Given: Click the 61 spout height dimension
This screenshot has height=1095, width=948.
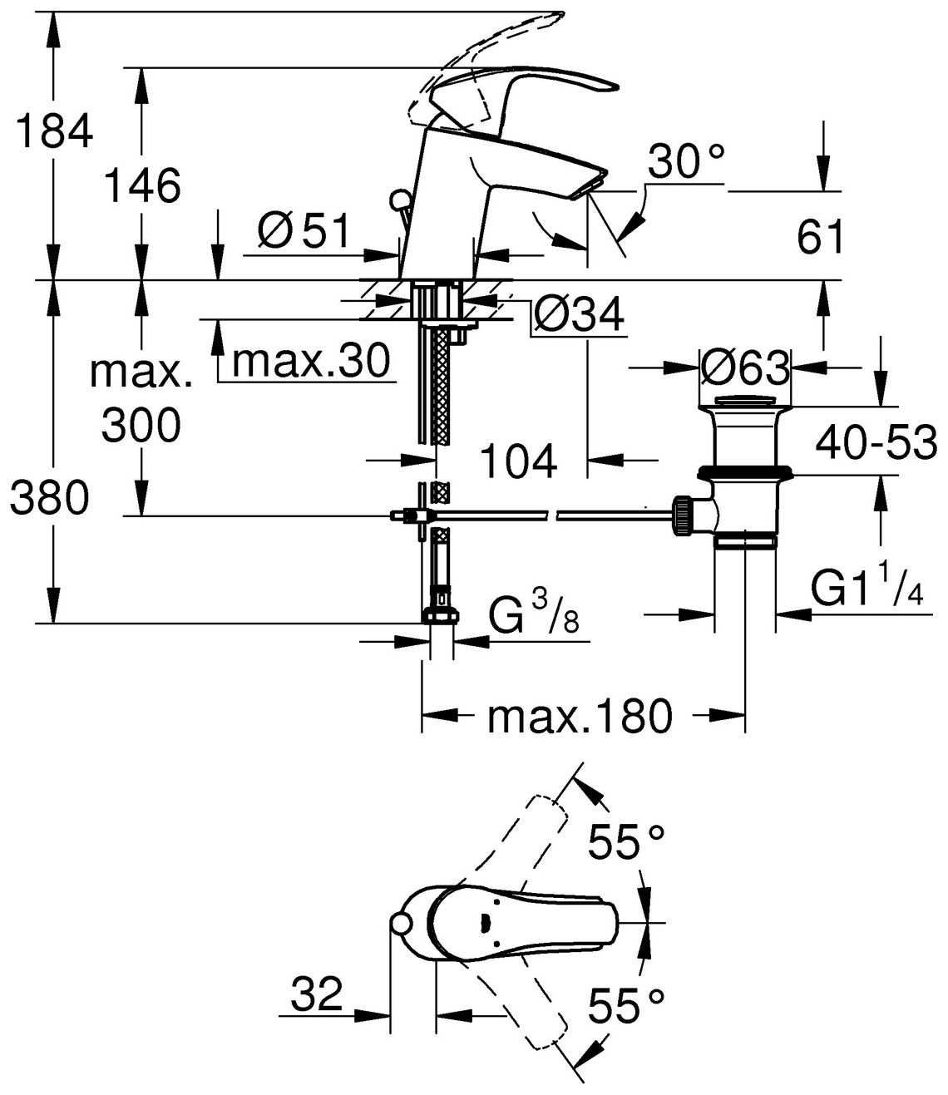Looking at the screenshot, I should point(821,238).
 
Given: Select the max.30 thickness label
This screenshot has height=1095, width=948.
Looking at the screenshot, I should point(312,362).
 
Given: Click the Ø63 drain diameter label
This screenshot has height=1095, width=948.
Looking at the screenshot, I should point(745,367).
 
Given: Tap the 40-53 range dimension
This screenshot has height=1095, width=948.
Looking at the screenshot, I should point(876,442).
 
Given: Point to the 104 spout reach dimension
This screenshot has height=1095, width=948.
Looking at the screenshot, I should point(519,461).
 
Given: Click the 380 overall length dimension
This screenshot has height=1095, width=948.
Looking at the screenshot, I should point(50,499).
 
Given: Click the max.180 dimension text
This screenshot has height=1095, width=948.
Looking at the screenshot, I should point(579,716).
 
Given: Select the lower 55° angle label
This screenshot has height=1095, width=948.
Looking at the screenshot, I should point(627,1007).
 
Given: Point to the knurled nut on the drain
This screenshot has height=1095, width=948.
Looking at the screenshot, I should point(683,515).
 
